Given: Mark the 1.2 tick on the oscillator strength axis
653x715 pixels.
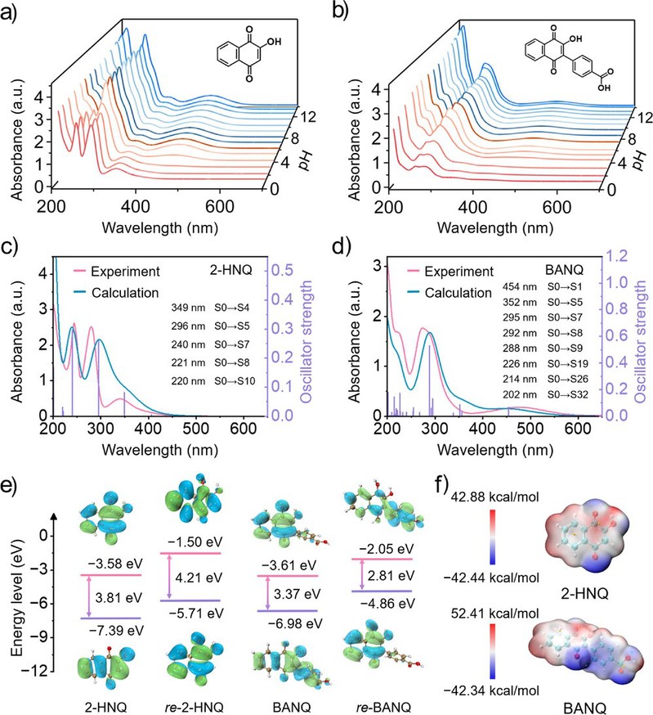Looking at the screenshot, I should coord(615,256).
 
